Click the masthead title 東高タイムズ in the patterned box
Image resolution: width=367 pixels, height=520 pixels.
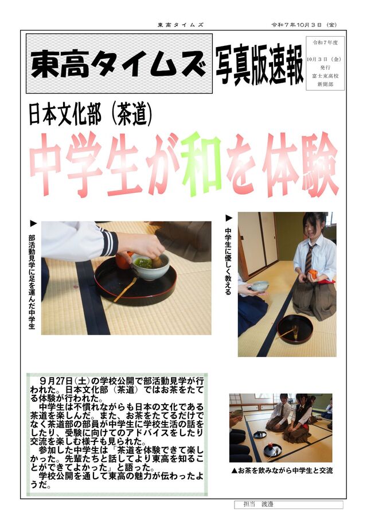point(119,64)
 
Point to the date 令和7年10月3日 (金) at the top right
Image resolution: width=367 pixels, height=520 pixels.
point(304,25)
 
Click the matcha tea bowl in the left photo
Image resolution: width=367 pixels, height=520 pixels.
point(151,265)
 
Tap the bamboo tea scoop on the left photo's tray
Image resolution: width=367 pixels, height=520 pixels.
point(125,289)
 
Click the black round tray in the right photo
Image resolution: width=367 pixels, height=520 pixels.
point(295,329)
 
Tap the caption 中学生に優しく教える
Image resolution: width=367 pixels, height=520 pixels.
point(228,261)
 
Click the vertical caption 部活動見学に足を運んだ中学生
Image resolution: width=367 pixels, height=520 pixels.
point(32,282)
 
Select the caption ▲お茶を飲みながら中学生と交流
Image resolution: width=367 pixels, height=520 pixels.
point(282,470)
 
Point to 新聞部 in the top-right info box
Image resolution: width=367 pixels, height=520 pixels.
point(325,84)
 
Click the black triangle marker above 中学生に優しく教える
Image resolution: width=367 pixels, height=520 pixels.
point(229,218)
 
